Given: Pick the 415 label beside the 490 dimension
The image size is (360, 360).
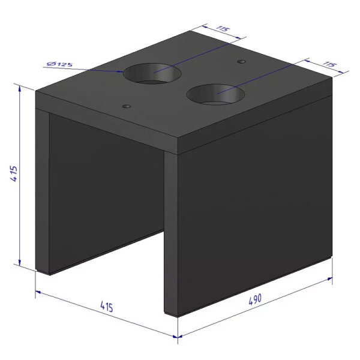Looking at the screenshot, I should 106,307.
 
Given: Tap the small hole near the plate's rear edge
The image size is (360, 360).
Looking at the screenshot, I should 241,62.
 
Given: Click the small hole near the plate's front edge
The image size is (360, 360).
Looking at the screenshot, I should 126,106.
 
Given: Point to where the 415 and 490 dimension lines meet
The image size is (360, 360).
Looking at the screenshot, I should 178,337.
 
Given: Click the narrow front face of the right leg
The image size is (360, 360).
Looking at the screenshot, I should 171,234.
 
